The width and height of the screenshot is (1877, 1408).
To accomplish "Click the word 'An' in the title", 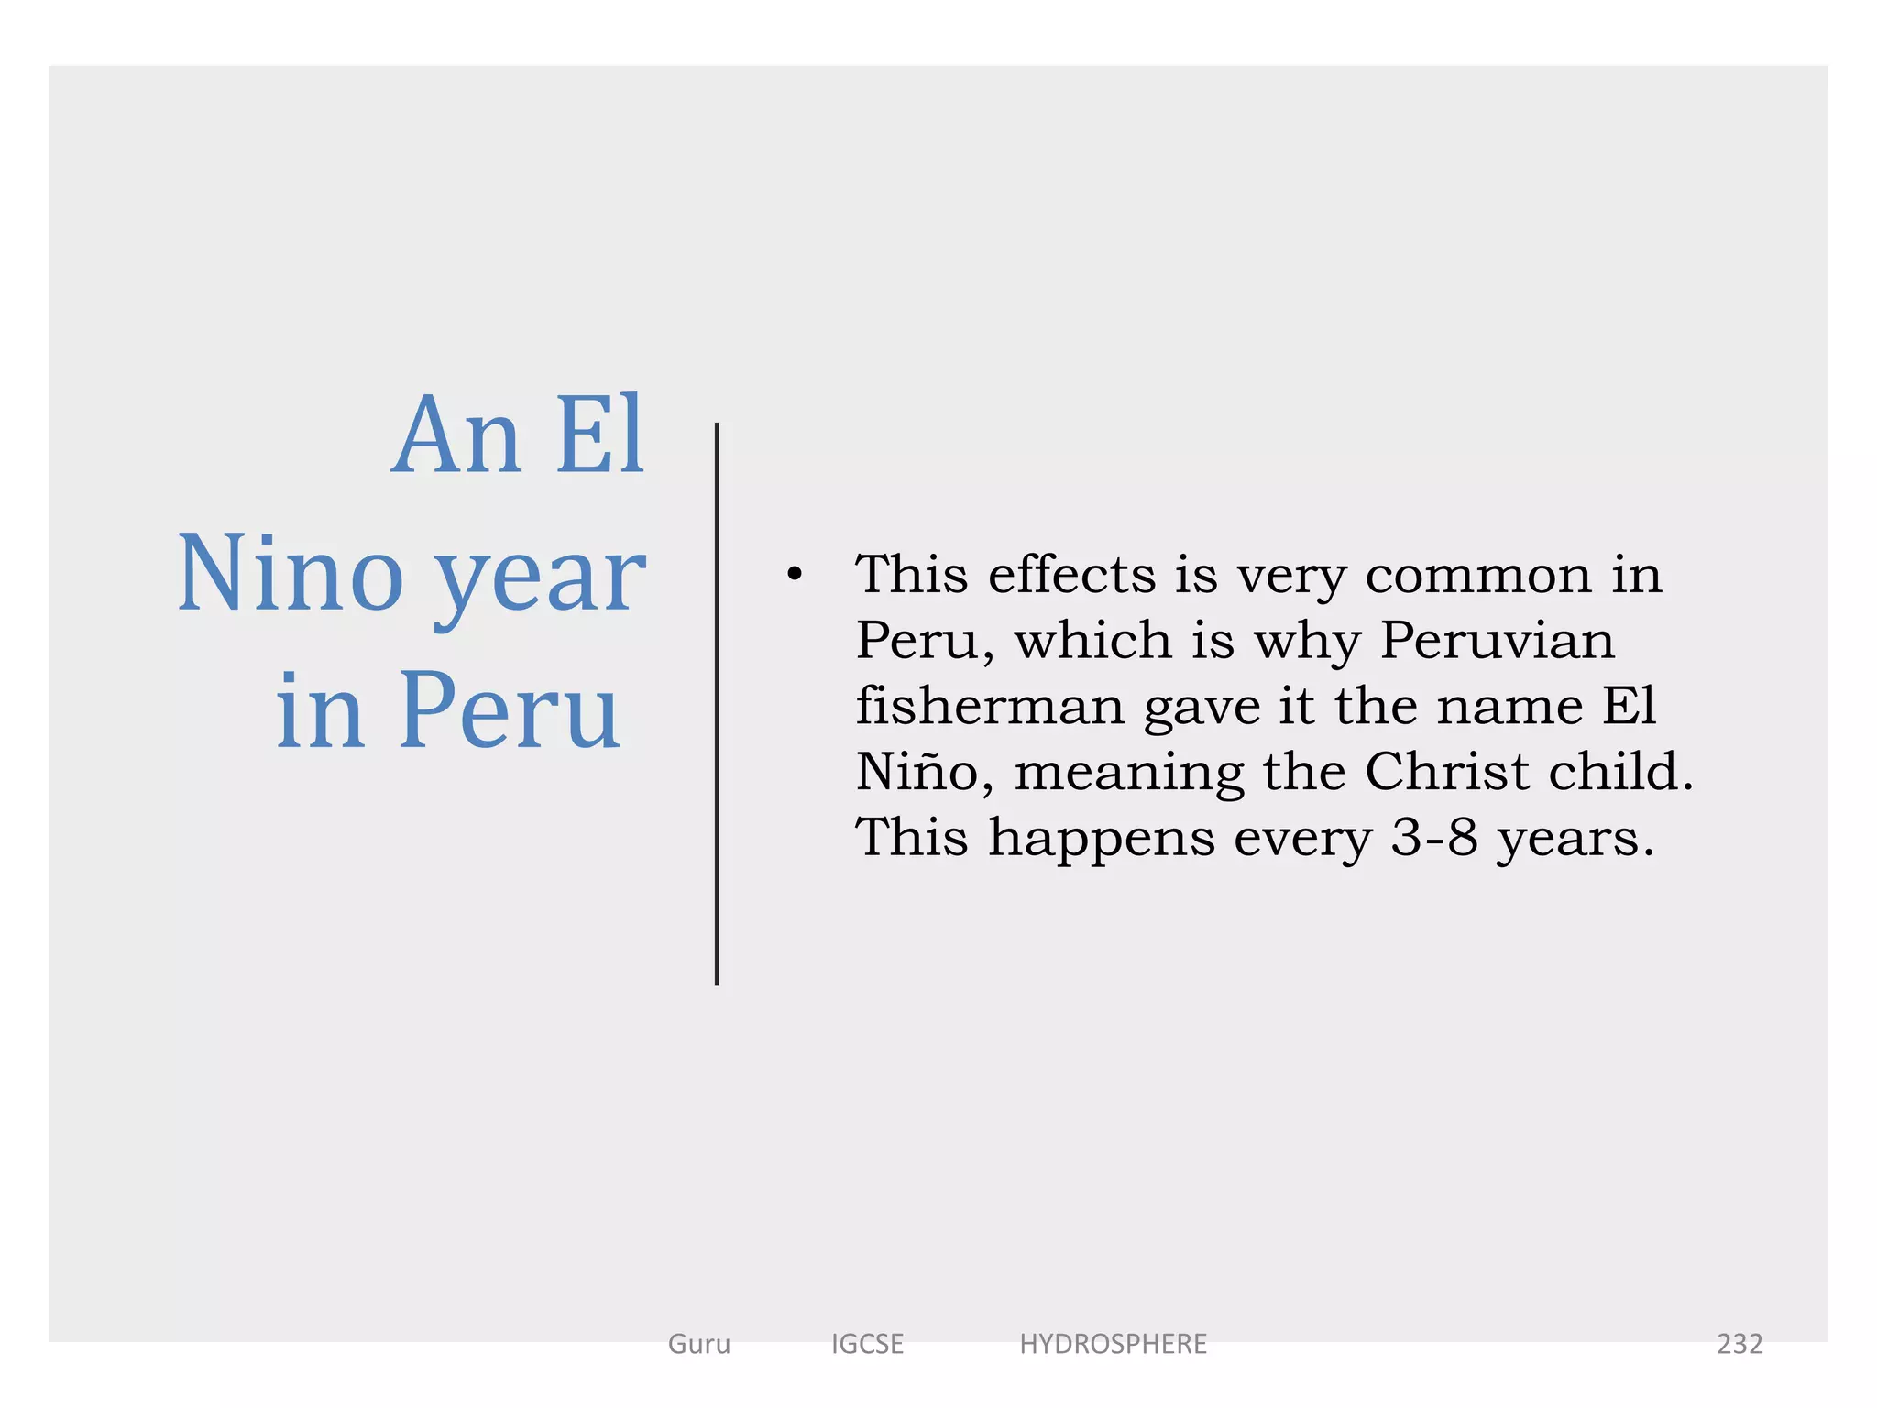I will [x=455, y=435].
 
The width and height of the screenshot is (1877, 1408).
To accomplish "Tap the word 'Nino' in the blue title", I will [x=290, y=574].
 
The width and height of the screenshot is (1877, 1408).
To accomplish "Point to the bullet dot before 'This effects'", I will [x=794, y=575].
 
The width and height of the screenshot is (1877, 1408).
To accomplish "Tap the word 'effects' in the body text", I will [x=1071, y=575].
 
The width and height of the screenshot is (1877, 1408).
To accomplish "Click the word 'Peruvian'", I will [x=1497, y=640].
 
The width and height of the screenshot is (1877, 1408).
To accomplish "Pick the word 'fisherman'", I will [x=990, y=706].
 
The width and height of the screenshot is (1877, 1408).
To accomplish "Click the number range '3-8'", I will [x=1434, y=837].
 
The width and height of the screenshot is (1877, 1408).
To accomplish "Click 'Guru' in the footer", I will [x=699, y=1344].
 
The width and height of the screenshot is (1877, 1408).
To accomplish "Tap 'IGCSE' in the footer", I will [x=867, y=1344].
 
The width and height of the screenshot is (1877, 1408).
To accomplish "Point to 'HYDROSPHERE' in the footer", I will [x=1113, y=1344].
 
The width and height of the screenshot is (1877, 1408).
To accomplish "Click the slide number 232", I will [x=1739, y=1344].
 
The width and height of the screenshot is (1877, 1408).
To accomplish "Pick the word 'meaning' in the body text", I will [x=1129, y=774].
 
